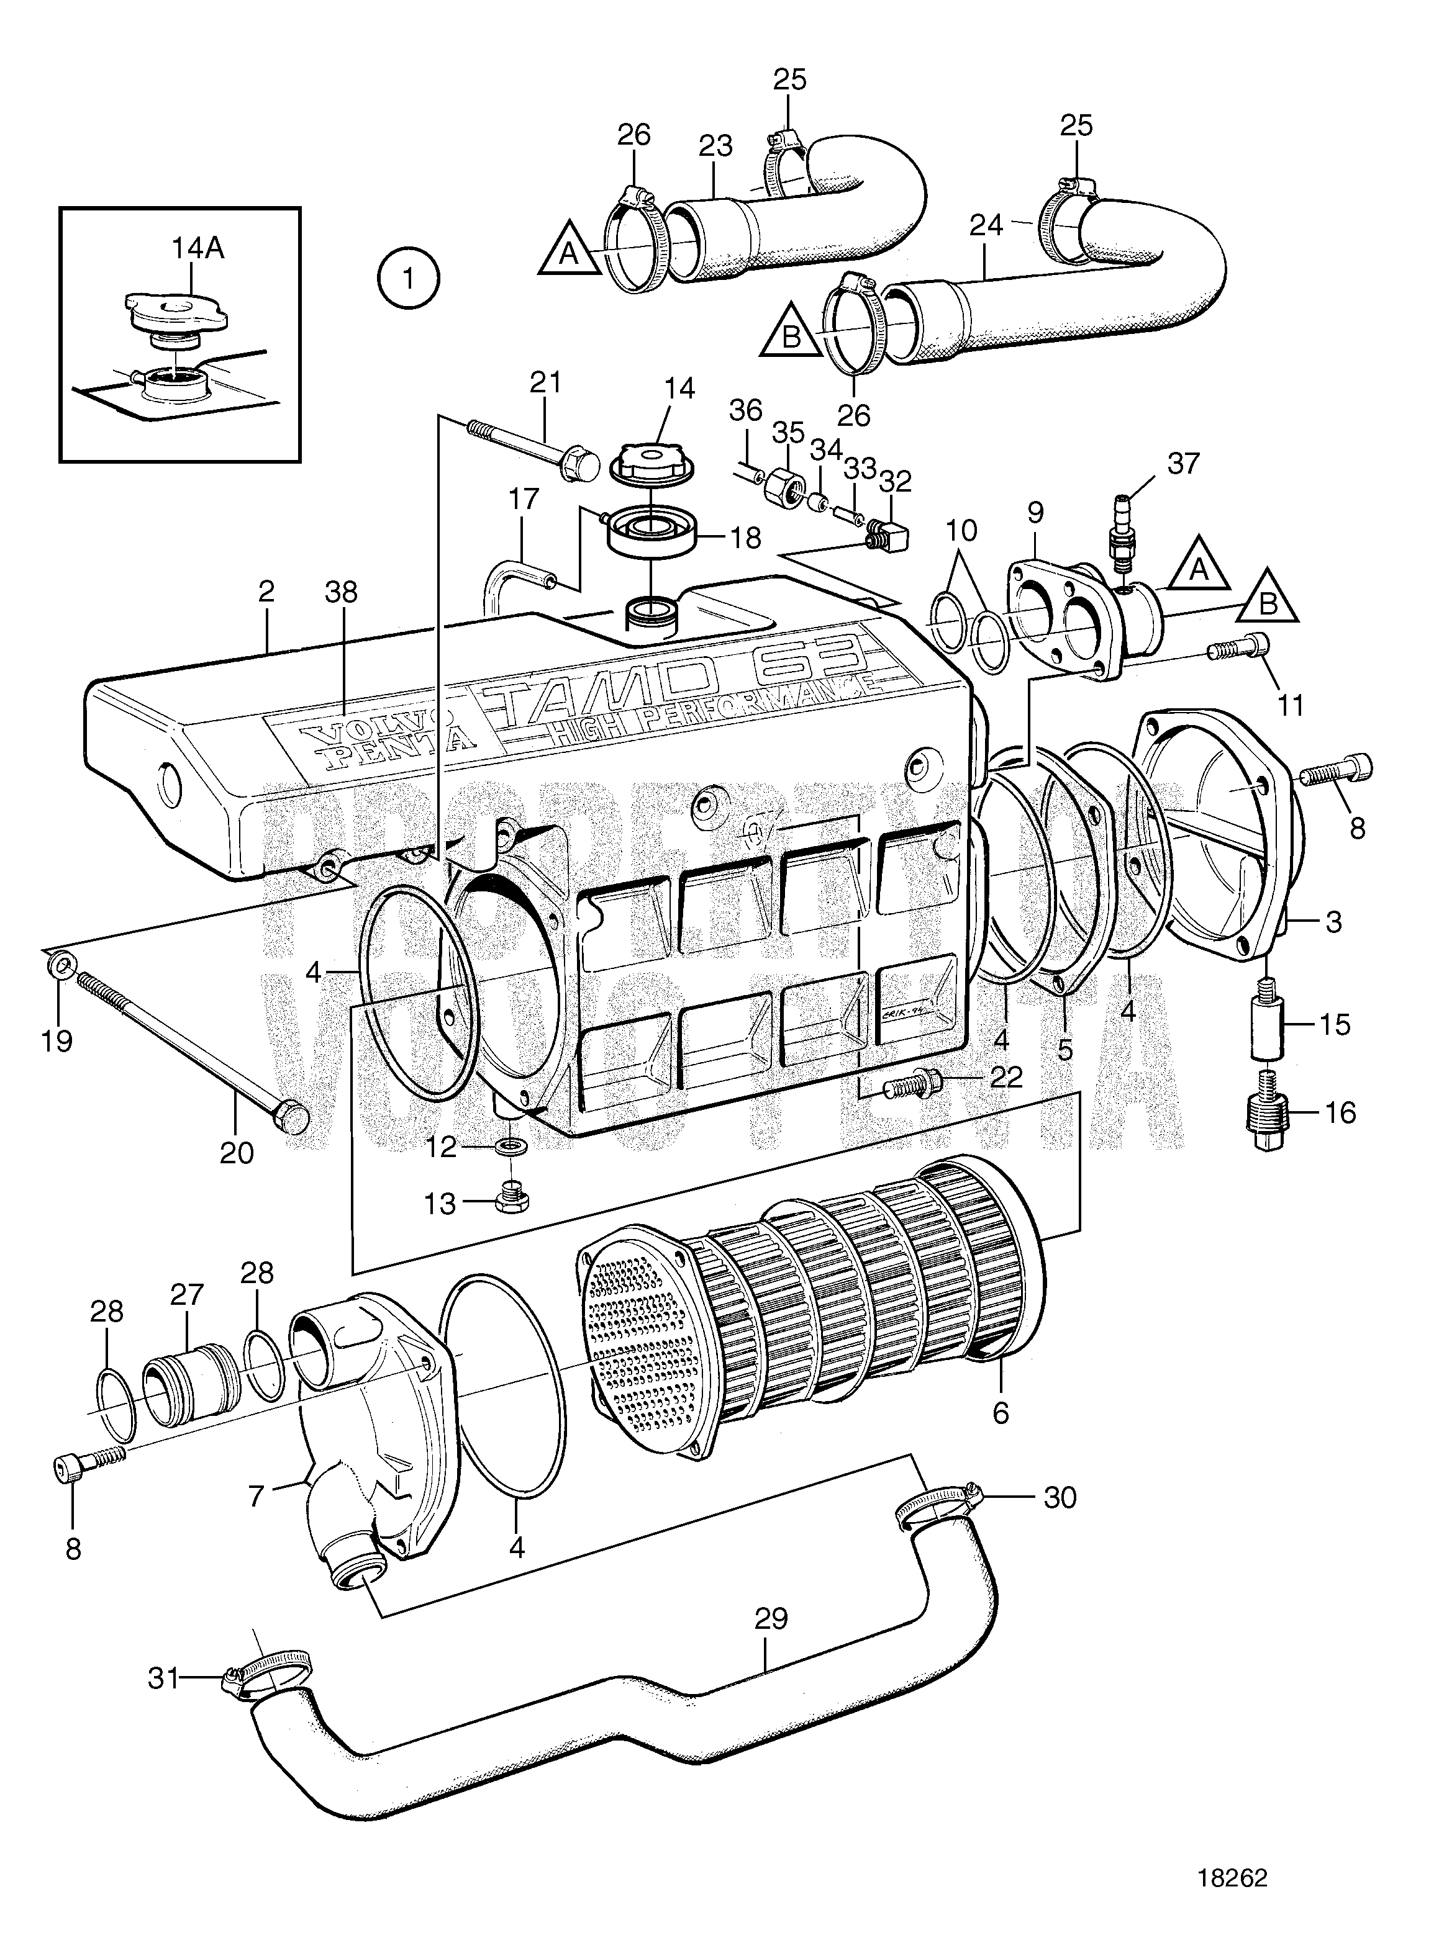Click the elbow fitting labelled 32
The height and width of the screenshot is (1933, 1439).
click(x=889, y=534)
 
